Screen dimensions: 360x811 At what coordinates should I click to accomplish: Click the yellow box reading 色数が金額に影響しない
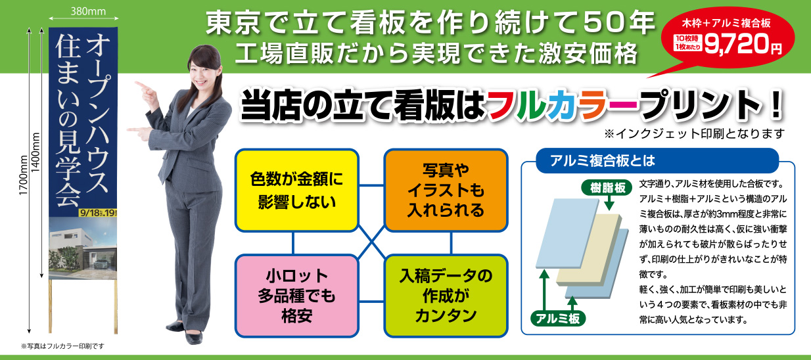pyautogui.click(x=297, y=190)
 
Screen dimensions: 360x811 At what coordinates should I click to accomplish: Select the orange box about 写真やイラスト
pyautogui.click(x=446, y=191)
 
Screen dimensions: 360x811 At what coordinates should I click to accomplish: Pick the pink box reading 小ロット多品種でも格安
pyautogui.click(x=297, y=296)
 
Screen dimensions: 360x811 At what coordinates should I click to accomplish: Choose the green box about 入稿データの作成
pyautogui.click(x=446, y=296)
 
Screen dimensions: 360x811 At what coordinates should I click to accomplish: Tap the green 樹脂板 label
pyautogui.click(x=603, y=188)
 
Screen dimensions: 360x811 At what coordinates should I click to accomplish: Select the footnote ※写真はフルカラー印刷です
pyautogui.click(x=63, y=346)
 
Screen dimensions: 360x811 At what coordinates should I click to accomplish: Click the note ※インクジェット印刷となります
pyautogui.click(x=695, y=134)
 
